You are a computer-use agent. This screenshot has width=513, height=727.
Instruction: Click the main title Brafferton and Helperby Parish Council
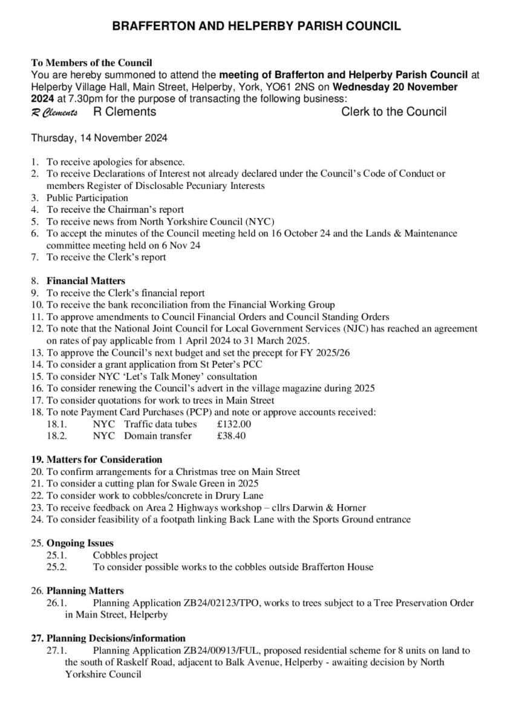tap(256, 26)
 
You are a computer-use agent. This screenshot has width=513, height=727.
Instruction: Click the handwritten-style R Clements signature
tap(54, 113)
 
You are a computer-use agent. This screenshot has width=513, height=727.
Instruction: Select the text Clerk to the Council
tap(394, 111)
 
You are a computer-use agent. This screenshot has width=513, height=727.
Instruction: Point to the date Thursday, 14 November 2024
tap(99, 138)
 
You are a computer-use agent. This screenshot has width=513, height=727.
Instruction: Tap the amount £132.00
tap(234, 424)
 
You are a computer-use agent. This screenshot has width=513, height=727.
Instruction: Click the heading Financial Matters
tap(86, 281)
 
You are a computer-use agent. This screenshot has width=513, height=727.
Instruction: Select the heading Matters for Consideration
tap(104, 459)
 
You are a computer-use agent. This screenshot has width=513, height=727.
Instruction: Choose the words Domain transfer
tap(158, 436)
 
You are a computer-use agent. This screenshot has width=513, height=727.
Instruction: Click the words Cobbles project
tap(125, 555)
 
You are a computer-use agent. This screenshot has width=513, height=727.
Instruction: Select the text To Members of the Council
tap(91, 62)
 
